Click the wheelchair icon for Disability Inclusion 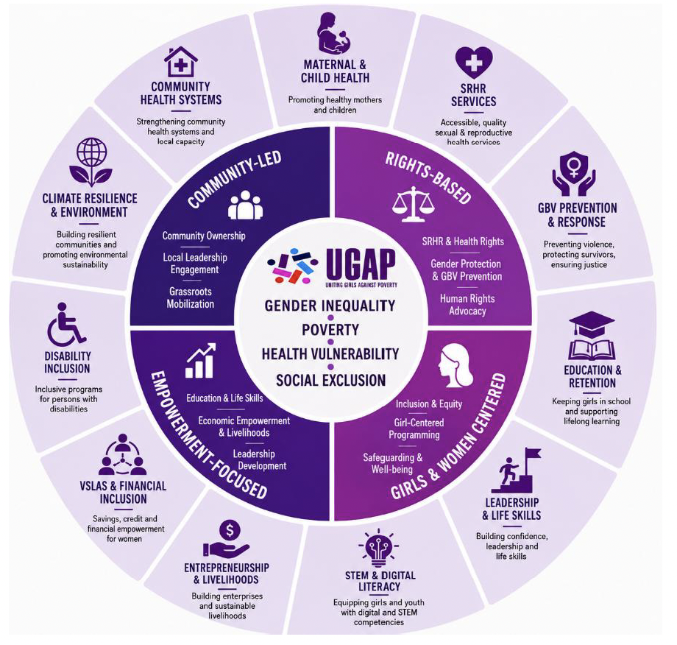(66, 323)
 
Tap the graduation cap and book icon (592, 336)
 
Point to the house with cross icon (181, 62)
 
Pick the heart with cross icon (474, 63)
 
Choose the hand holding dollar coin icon (226, 539)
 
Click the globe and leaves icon (91, 162)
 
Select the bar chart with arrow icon (200, 361)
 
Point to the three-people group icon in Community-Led (245, 205)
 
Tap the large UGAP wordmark (361, 265)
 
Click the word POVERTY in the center (330, 330)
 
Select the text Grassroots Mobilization (191, 297)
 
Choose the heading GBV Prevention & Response (577, 215)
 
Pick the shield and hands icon (574, 173)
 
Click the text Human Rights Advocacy (467, 305)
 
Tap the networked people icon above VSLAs (123, 454)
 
